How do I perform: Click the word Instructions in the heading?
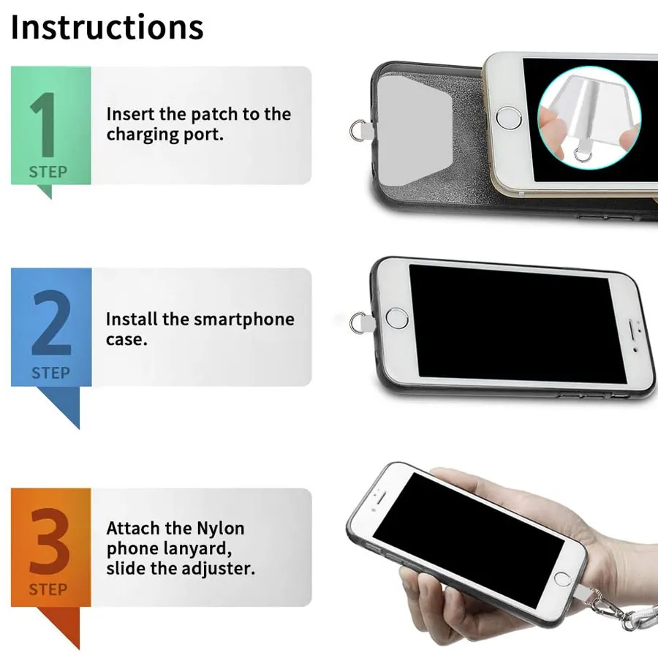107,27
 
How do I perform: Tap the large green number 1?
45,124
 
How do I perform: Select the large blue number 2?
52,322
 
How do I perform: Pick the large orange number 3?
50,541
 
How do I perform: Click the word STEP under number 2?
50,373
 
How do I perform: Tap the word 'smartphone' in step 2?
243,319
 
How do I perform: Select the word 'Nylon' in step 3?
221,529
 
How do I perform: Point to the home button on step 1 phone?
509,118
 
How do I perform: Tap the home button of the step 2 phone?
396,318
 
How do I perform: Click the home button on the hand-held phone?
562,580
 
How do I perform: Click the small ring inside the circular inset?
583,155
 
